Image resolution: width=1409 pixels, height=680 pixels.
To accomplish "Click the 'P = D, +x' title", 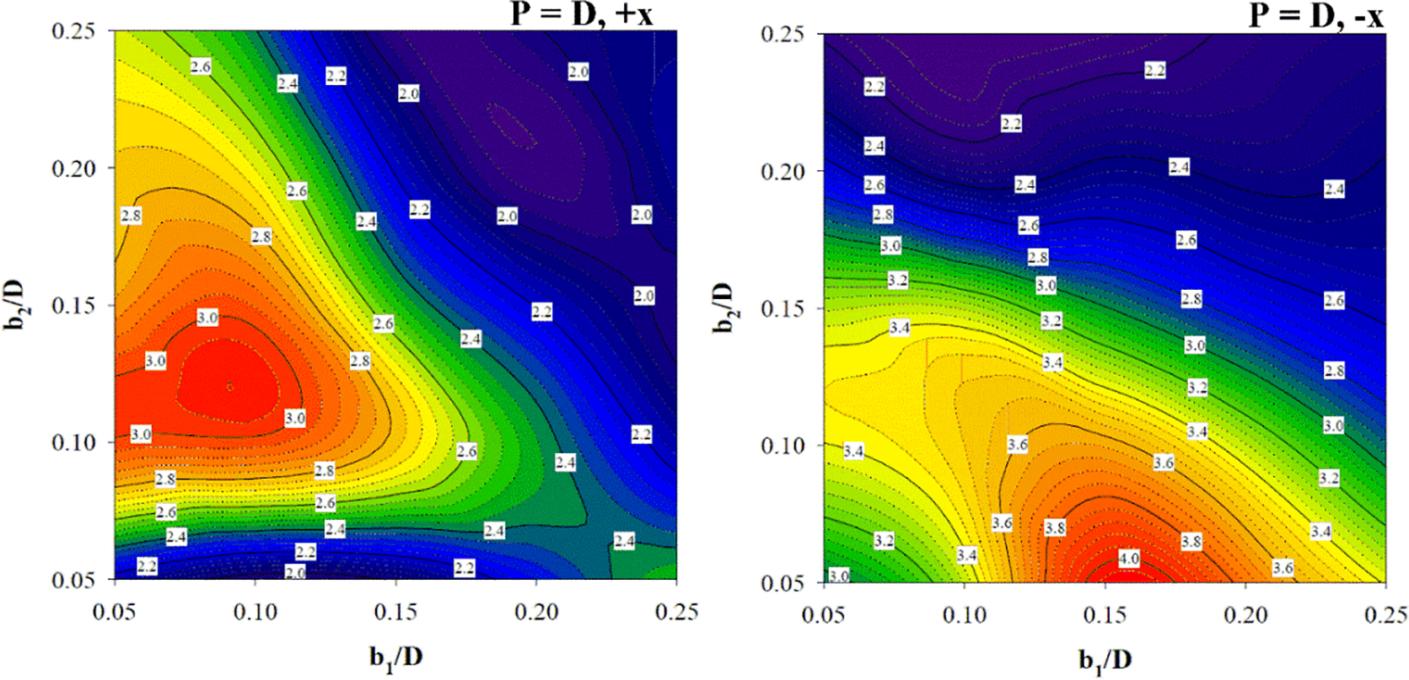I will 581,14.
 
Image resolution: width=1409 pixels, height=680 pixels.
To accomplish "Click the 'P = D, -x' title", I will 1315,14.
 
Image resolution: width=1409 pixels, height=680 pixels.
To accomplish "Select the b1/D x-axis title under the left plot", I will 395,656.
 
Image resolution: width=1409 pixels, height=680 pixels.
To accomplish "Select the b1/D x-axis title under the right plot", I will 1105,659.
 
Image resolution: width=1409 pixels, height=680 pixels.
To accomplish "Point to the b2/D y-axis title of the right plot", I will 724,308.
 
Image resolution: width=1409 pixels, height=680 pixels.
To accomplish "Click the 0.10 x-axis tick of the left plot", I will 255,612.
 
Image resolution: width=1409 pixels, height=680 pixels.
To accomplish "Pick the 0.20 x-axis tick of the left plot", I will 536,612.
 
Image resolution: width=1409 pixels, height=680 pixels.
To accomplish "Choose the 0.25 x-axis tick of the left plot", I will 676,612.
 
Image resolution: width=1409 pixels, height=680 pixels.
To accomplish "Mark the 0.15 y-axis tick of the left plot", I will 73,305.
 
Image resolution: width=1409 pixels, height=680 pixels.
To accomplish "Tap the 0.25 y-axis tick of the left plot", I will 73,31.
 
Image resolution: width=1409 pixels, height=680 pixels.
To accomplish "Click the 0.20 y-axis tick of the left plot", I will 73,169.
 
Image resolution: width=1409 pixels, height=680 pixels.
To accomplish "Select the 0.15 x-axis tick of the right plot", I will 1105,615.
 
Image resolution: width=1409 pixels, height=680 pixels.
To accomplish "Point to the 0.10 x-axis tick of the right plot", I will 965,615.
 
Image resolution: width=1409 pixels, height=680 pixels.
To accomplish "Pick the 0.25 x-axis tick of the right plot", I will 1385,615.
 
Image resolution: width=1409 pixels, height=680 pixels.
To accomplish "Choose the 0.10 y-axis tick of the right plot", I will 782,445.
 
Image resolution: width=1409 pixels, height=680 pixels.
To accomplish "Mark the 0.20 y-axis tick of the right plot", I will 782,171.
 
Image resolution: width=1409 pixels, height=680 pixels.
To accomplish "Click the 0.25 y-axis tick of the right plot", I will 782,35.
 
